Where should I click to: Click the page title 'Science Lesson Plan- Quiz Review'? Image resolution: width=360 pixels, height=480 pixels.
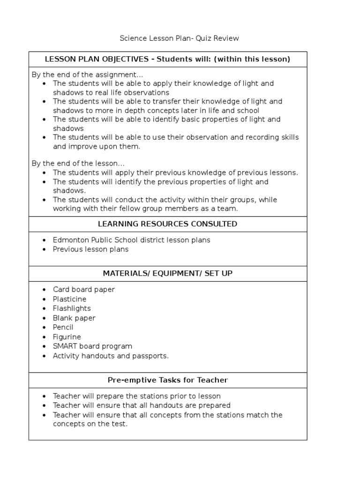point(180,38)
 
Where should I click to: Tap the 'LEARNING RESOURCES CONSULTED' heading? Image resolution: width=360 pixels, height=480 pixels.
point(167,224)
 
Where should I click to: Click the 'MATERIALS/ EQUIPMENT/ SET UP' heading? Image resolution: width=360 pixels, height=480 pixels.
point(167,273)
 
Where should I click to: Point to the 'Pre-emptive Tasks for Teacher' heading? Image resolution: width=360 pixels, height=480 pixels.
point(167,380)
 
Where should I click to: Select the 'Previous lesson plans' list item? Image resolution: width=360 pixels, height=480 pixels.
point(90,249)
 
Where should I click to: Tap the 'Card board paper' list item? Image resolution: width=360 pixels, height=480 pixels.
point(83,289)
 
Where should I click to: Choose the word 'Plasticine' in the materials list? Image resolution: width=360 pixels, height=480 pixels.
point(69,299)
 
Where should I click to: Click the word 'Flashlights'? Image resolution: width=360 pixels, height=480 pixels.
point(72,308)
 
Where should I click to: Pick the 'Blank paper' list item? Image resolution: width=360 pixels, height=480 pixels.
point(74,318)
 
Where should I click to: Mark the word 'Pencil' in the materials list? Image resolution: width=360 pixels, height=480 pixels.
point(63,327)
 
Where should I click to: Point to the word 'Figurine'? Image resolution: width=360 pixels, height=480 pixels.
point(67,337)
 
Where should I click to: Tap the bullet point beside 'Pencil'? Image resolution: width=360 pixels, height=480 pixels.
point(44,328)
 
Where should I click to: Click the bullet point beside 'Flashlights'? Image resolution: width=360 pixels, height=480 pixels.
point(44,309)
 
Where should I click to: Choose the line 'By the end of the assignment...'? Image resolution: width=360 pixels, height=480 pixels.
point(87,75)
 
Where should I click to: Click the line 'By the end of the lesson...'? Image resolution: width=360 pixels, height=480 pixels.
point(78,164)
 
